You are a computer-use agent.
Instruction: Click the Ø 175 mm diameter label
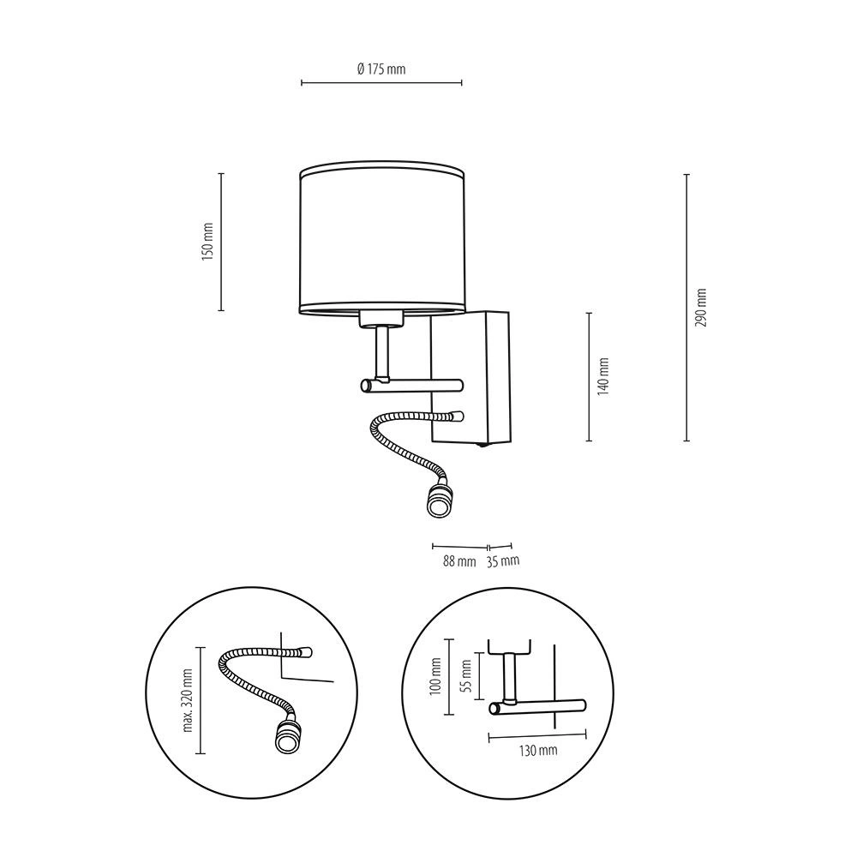(x=381, y=69)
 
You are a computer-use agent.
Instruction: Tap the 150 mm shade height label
(x=207, y=242)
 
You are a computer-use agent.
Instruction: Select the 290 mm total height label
(x=701, y=308)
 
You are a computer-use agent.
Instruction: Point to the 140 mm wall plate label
(x=602, y=376)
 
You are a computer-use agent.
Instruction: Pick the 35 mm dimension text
(x=503, y=560)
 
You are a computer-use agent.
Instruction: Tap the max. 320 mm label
(x=188, y=700)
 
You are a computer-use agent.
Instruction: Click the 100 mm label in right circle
(x=435, y=676)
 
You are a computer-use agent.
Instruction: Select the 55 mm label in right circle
(x=465, y=676)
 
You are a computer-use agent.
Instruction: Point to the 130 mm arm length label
(x=538, y=750)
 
